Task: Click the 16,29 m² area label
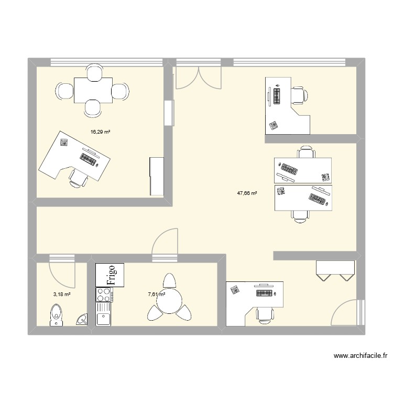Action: (x=100, y=132)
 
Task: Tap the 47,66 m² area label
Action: (x=247, y=193)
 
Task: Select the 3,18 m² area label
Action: (x=61, y=294)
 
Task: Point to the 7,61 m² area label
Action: (x=156, y=294)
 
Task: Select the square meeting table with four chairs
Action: (x=93, y=90)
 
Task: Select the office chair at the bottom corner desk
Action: (x=264, y=313)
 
